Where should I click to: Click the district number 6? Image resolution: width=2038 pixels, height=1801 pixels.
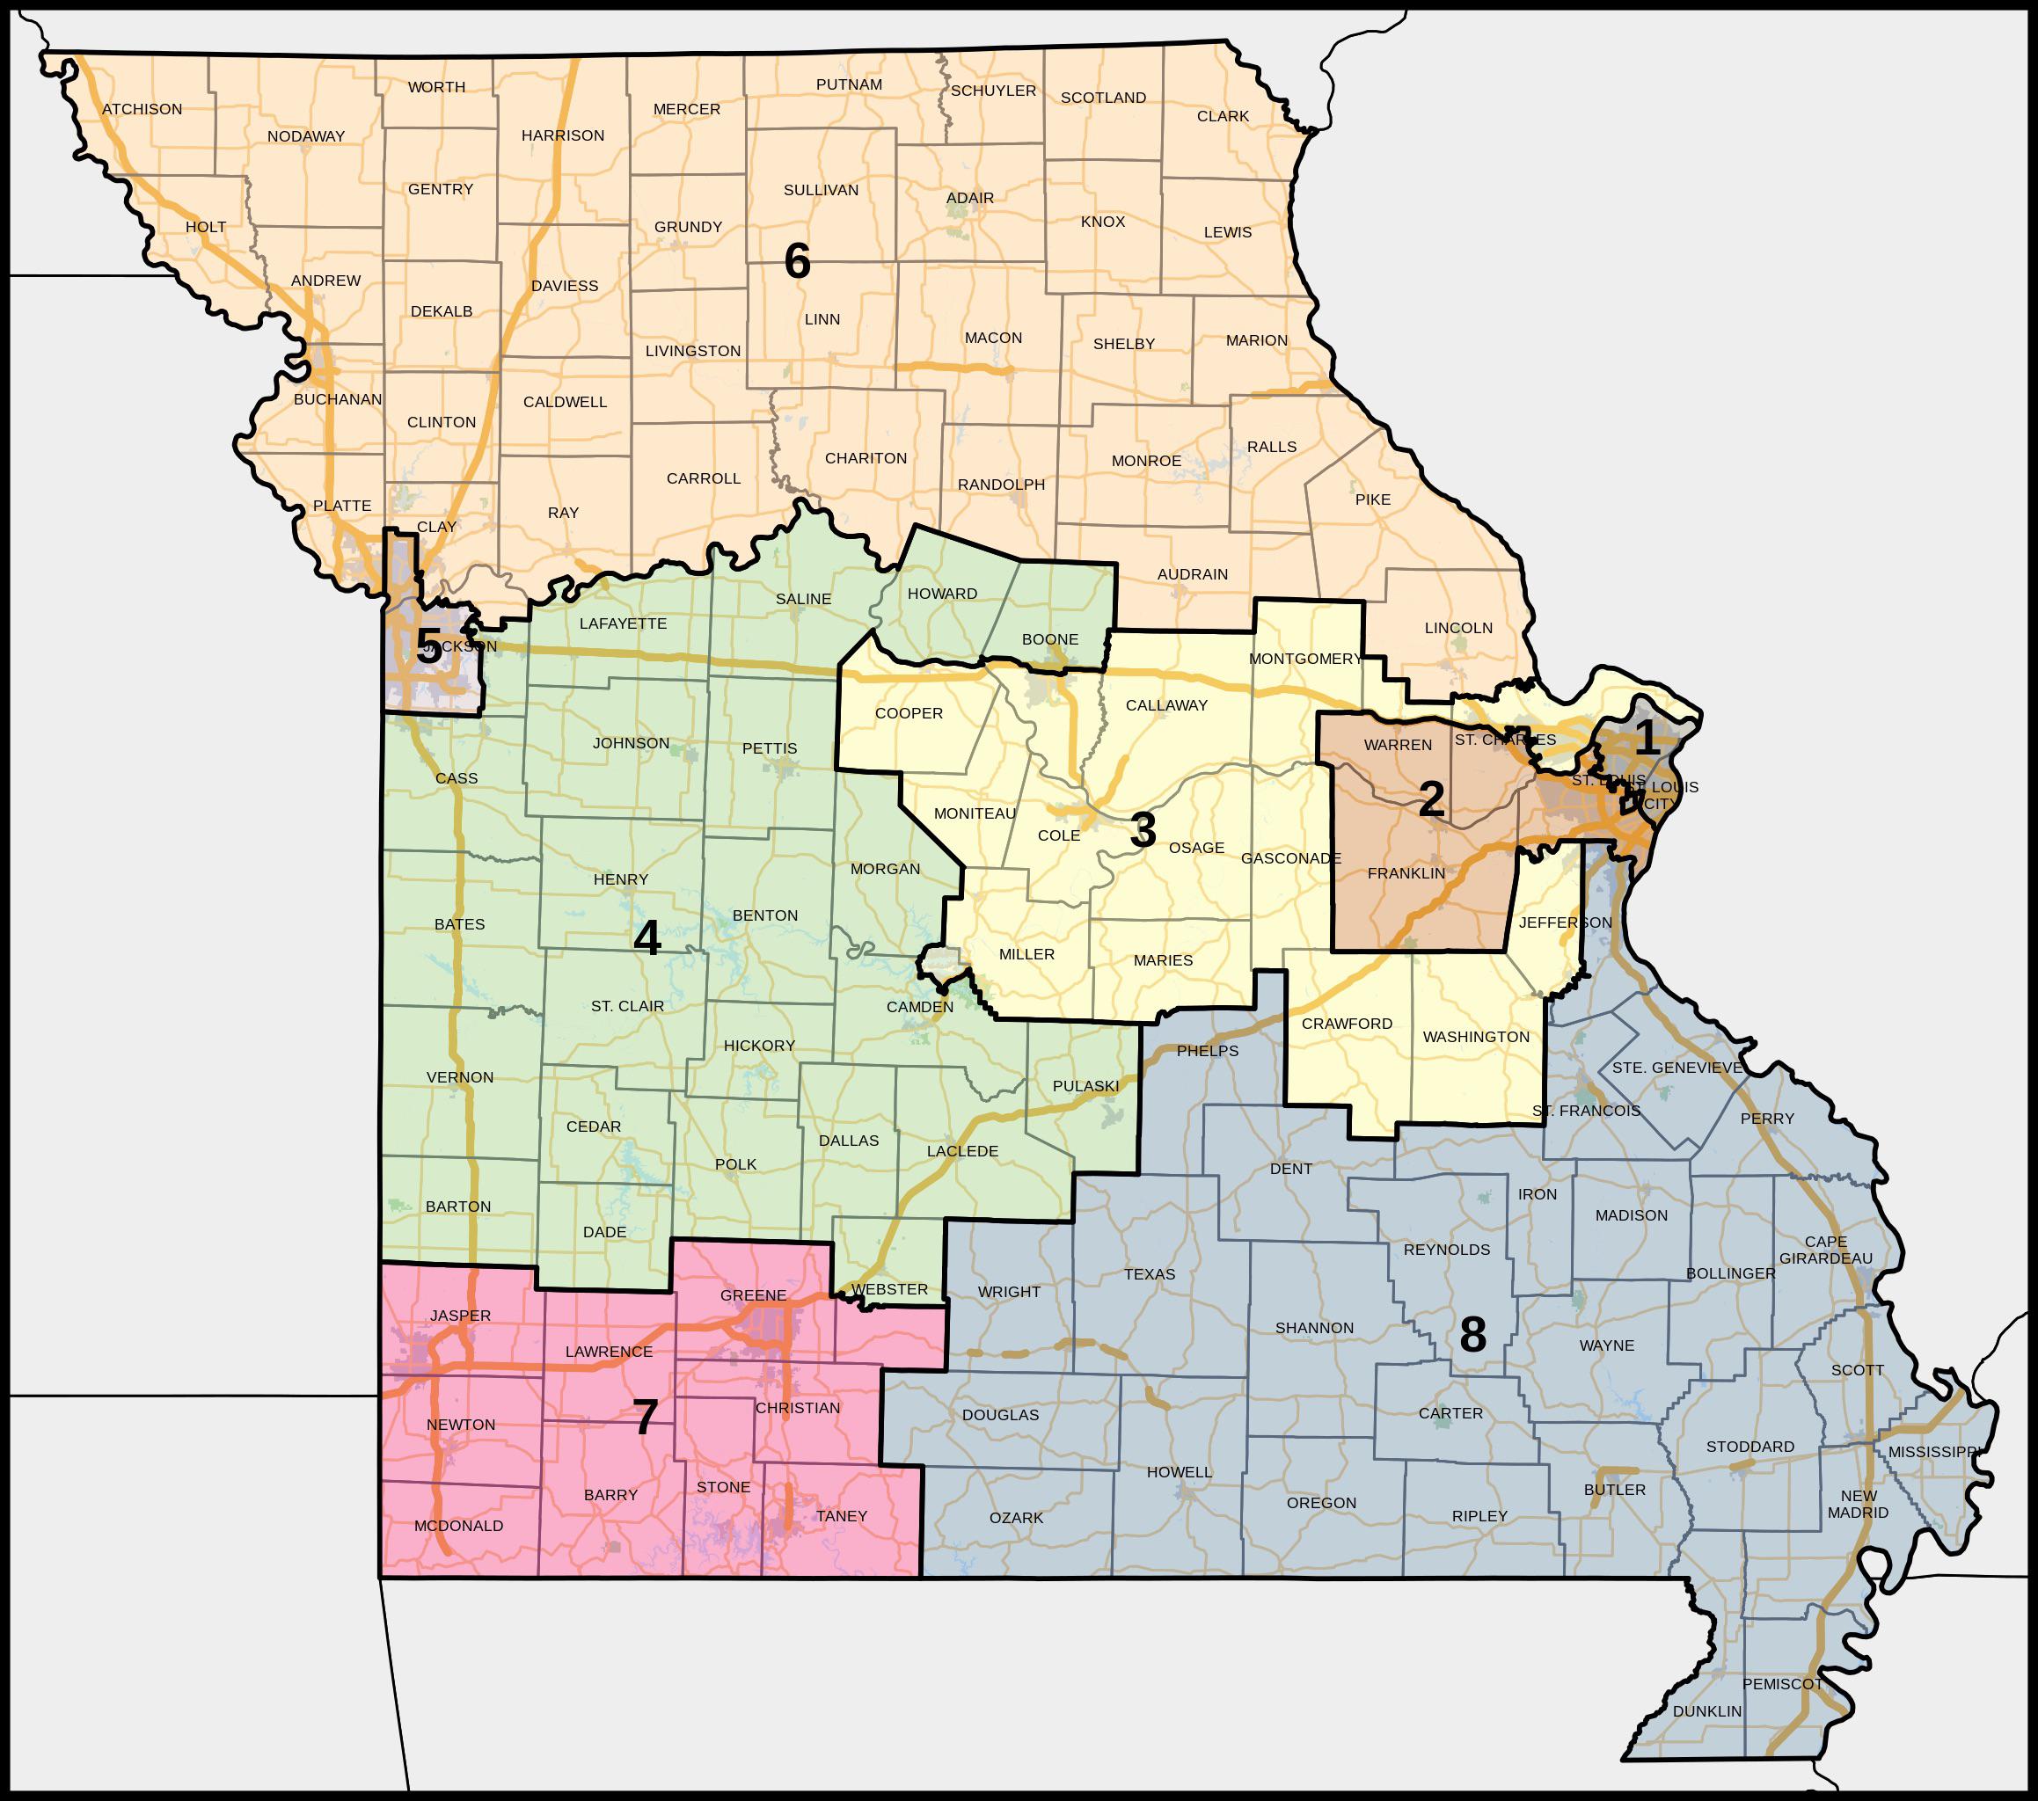tap(798, 262)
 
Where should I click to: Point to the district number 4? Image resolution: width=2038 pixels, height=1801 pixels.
tap(647, 938)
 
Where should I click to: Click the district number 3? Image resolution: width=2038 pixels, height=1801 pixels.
tap(1143, 830)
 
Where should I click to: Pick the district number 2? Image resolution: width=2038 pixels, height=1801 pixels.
tap(1431, 798)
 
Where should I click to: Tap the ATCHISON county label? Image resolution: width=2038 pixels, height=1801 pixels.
tap(142, 110)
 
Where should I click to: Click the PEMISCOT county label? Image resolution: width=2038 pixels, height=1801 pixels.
tap(1783, 1683)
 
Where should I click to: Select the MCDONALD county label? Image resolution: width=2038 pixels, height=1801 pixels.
tap(458, 1526)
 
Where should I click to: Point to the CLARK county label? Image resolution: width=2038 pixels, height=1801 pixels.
tap(1223, 117)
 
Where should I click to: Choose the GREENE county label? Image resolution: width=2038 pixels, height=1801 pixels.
tap(753, 1295)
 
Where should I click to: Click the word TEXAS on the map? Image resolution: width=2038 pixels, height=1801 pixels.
tap(1150, 1273)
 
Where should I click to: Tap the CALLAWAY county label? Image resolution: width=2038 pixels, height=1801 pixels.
tap(1166, 705)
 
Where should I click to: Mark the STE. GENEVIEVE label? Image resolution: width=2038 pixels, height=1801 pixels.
tap(1677, 1068)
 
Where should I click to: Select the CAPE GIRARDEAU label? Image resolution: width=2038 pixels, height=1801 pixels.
tap(1826, 1250)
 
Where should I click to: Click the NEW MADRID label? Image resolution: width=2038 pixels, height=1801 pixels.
tap(1859, 1504)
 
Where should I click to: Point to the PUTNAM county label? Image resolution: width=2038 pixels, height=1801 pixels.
tap(849, 84)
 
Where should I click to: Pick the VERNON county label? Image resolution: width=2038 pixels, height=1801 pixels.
tap(460, 1077)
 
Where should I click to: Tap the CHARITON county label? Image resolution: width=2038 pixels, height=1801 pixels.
tap(866, 458)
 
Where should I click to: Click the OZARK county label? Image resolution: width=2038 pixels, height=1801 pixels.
tap(1016, 1518)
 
